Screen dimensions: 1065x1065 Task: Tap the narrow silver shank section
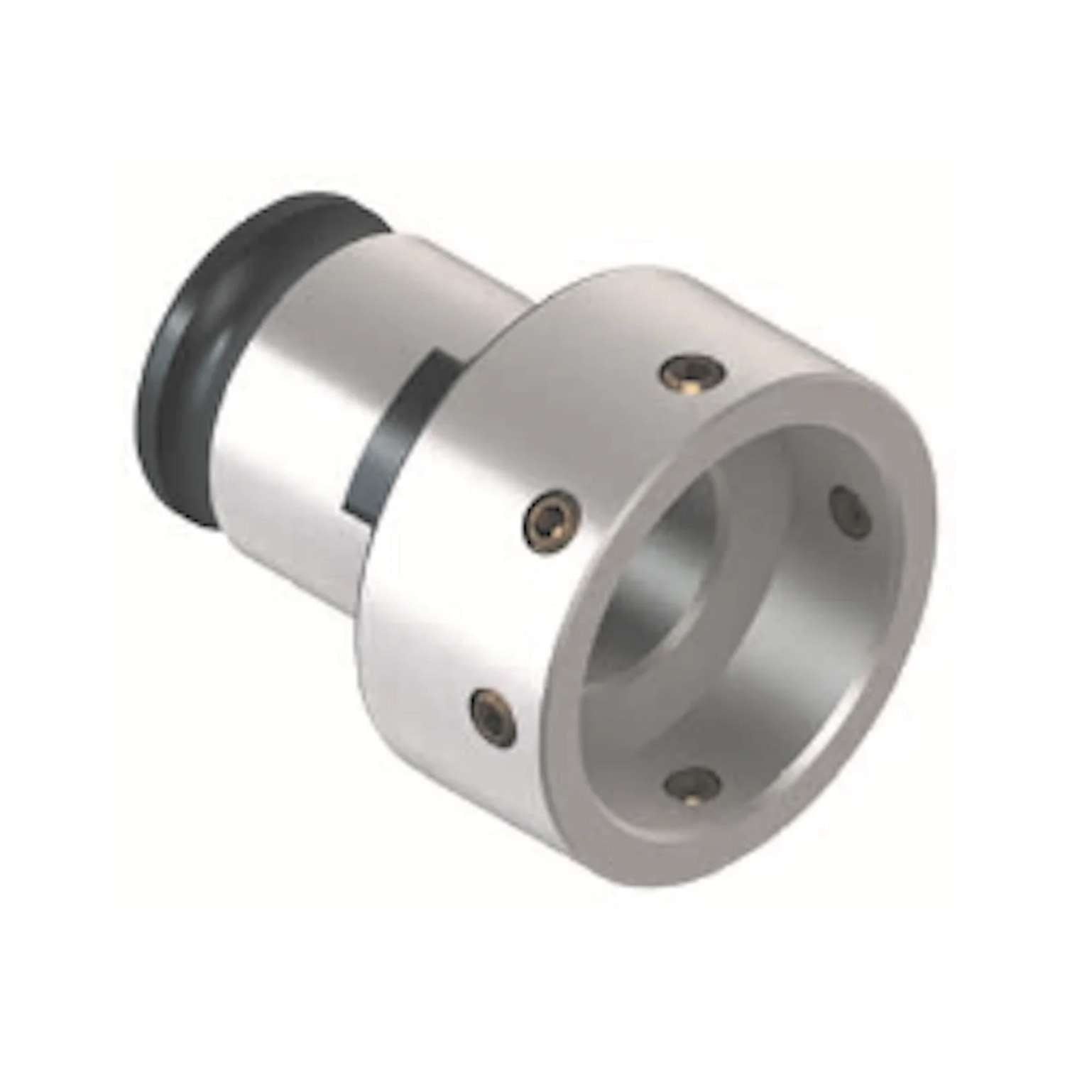298,398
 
